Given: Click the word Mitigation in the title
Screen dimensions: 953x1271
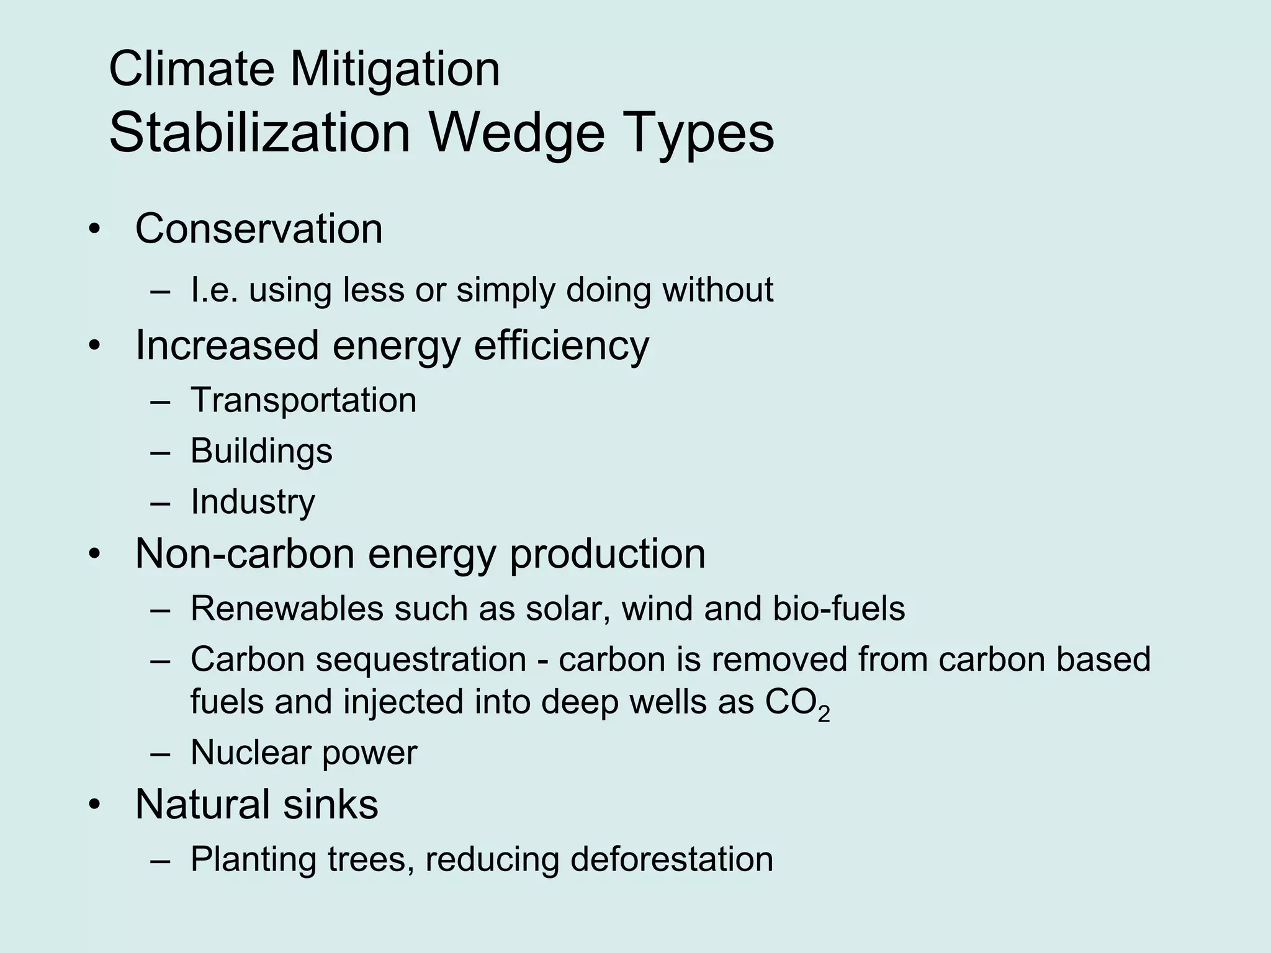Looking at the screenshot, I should (x=395, y=69).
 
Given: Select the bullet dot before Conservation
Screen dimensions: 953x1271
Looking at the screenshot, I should (x=94, y=229).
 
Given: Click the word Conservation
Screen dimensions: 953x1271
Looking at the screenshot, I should (x=259, y=229).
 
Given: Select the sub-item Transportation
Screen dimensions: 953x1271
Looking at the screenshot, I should (x=303, y=400).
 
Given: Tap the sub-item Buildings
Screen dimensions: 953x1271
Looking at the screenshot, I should (x=261, y=451).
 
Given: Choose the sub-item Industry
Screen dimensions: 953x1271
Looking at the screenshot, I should (x=253, y=502).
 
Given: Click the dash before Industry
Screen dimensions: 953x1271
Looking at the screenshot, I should (x=159, y=503).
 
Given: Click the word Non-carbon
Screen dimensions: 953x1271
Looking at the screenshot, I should (x=245, y=553).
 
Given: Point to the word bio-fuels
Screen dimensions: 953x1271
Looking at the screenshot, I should (x=838, y=609).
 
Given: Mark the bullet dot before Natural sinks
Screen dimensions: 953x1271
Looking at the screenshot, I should (x=94, y=805).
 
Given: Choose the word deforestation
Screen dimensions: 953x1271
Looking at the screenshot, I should (x=671, y=860).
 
